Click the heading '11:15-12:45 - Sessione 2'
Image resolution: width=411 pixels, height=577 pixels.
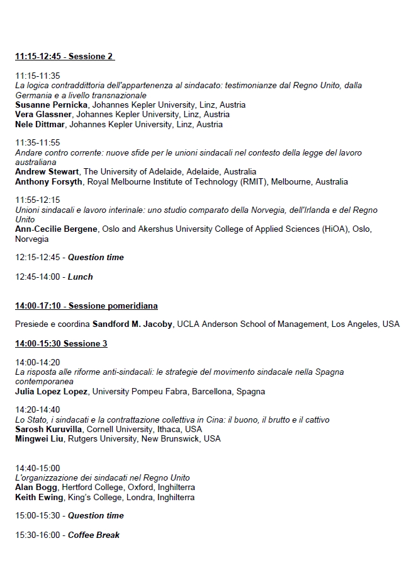[64, 57]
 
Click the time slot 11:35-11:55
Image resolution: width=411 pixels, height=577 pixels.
[37, 143]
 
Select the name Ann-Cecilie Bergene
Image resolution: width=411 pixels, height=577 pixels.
[56, 229]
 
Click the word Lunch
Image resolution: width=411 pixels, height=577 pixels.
[80, 277]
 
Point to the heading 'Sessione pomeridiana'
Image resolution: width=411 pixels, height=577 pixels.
[113, 306]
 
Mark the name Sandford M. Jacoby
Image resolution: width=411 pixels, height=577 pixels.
[132, 324]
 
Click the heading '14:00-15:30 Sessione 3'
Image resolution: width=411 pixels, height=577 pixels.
[61, 343]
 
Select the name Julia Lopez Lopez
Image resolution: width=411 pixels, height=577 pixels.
[52, 391]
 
